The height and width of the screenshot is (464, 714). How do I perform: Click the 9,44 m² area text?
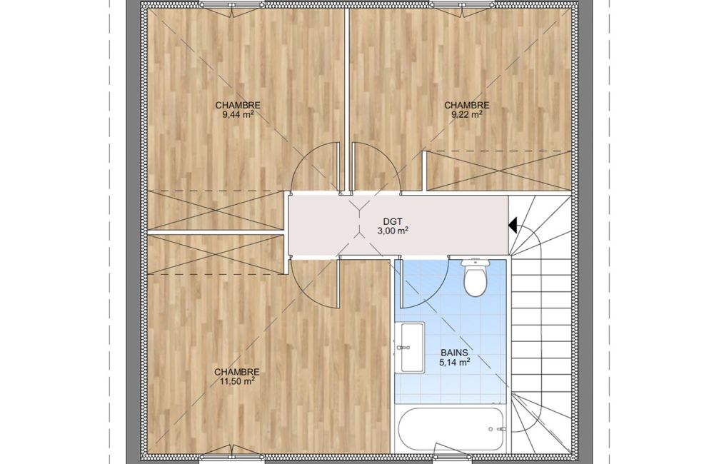238,114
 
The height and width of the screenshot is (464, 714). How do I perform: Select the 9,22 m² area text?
466,114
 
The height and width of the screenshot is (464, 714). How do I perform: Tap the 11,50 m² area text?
236,381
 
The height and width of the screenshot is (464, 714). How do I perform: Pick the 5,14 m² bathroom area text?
454,363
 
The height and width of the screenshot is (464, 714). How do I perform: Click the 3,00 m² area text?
392,231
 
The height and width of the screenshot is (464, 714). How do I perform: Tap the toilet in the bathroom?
475,278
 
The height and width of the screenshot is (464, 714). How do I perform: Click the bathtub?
451,428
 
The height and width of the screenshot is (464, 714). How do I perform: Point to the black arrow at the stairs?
512,226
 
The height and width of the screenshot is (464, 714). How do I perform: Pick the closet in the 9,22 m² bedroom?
498,171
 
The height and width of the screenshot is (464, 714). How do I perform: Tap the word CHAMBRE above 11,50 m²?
236,372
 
